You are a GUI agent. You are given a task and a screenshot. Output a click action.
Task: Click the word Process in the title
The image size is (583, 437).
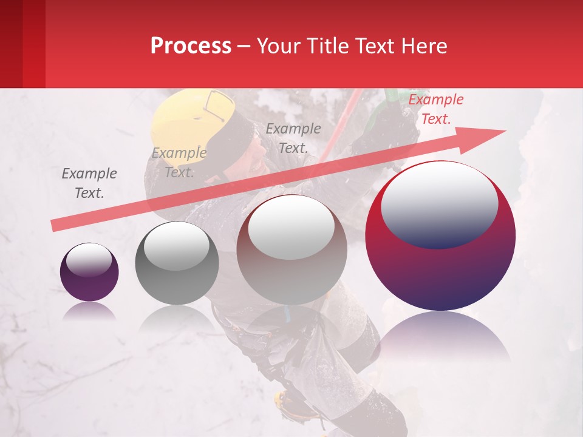point(191,46)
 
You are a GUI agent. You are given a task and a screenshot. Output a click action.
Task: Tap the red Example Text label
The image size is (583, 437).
point(435,109)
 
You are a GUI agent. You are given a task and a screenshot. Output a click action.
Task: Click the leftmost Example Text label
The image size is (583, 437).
point(89,183)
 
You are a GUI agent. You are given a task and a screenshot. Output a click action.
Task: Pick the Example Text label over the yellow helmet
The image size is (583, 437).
point(179,163)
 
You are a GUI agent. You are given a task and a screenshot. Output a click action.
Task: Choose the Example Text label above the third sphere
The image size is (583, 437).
point(293,138)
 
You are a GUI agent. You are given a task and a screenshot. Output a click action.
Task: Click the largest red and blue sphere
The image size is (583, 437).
point(440,267)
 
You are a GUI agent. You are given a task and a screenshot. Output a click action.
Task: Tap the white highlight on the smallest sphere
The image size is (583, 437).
point(89,259)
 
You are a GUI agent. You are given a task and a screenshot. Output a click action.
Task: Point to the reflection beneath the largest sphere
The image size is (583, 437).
point(440,340)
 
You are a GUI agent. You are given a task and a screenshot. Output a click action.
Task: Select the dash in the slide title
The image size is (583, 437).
point(244,46)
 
